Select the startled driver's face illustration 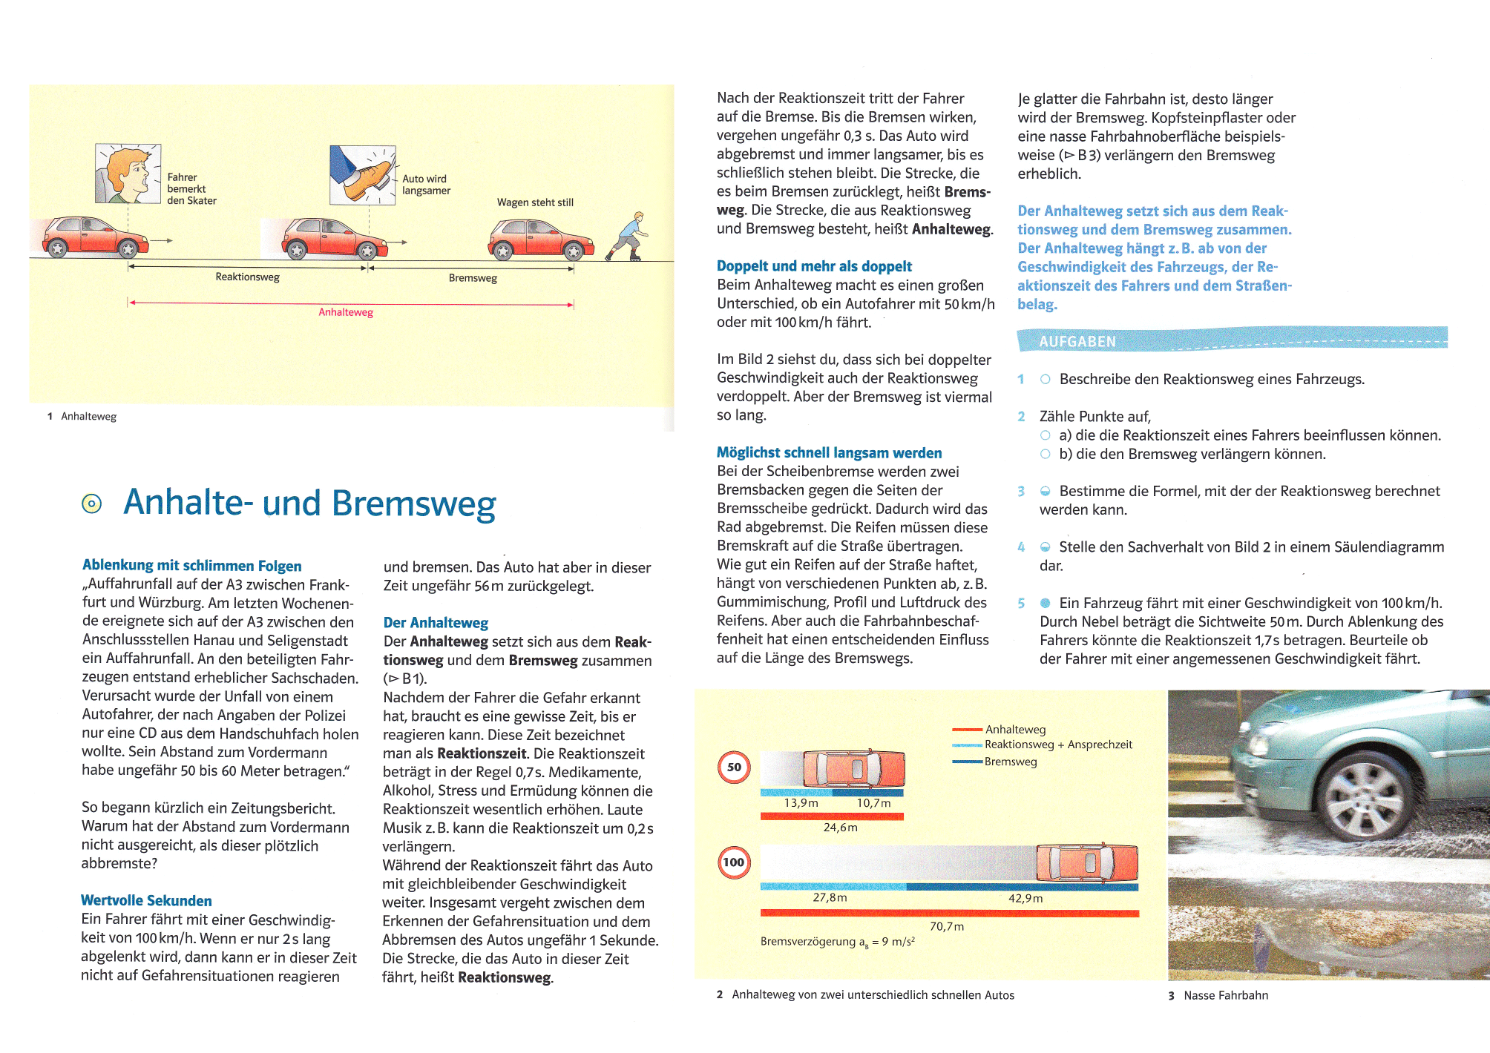click(128, 174)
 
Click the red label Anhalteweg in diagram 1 click(346, 312)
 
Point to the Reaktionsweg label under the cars click(247, 277)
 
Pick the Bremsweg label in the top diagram click(473, 278)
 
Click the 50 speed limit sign click(734, 768)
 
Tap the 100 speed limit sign click(734, 862)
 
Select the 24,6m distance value click(840, 828)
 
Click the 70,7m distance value click(947, 926)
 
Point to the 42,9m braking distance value click(1025, 898)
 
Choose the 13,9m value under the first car click(801, 803)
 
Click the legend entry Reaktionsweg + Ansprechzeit click(1058, 745)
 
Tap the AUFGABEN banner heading click(1077, 342)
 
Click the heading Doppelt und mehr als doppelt click(814, 266)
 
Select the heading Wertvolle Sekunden click(146, 900)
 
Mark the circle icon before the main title click(91, 504)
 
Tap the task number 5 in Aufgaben click(1021, 603)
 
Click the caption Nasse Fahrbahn click(1225, 995)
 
